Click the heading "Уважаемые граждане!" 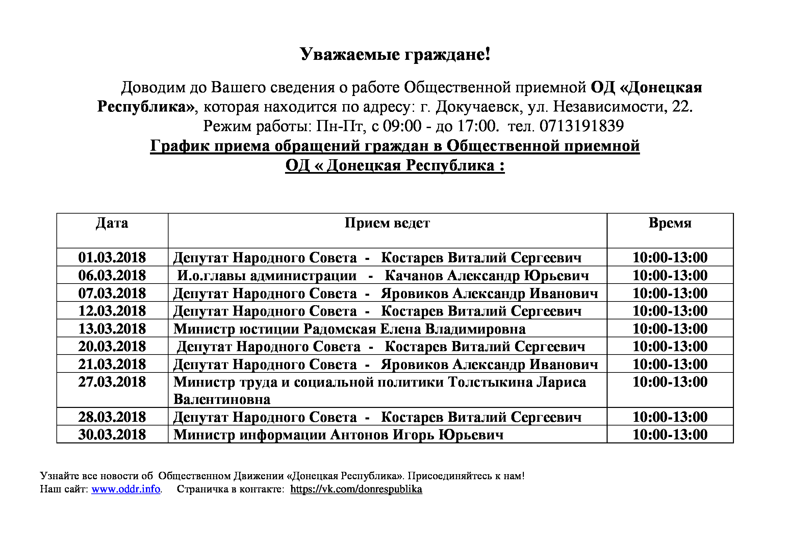click(395, 54)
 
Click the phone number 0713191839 click(582, 126)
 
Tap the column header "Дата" click(112, 223)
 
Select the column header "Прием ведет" click(387, 223)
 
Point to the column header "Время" click(670, 223)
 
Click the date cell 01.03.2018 click(112, 258)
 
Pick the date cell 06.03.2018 click(112, 275)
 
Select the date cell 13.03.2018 click(112, 329)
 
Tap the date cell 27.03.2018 click(112, 382)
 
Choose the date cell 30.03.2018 click(112, 435)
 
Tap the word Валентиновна click(222, 399)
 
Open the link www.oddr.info click(126, 489)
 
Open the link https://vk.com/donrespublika click(356, 489)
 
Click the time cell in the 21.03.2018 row click(670, 365)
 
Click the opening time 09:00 click(402, 126)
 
